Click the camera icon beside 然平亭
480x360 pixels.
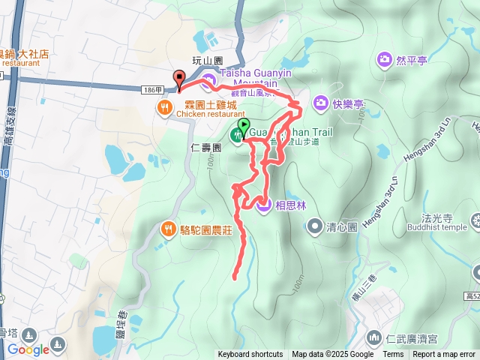384,58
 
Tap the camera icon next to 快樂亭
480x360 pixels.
320,102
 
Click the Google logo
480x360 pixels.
28,349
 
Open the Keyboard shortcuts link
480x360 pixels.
250,354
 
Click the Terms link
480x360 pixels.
393,354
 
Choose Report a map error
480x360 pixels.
444,354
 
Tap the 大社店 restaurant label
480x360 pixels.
33,54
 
